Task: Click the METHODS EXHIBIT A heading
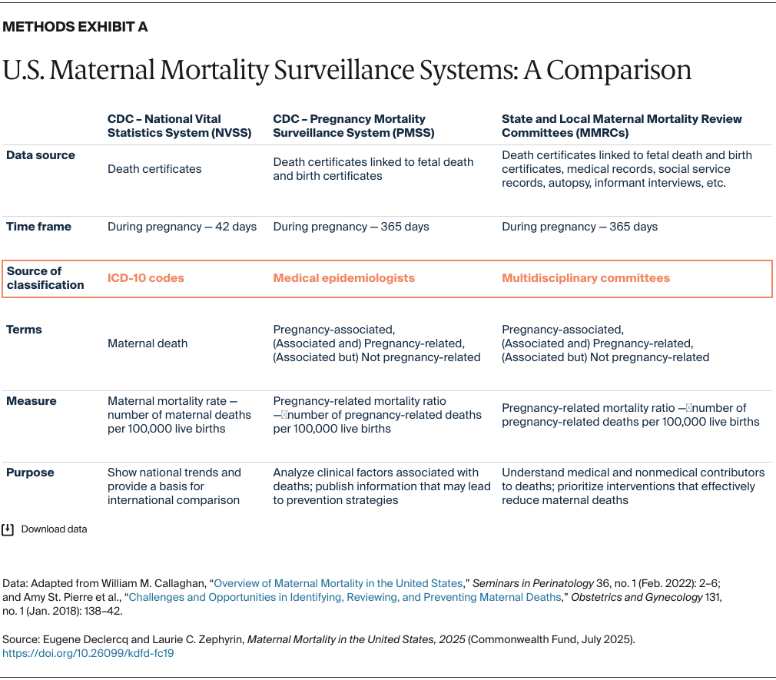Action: [x=75, y=27]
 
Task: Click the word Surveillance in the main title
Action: [x=353, y=70]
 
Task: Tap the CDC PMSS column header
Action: [x=350, y=125]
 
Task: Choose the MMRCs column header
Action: [x=622, y=125]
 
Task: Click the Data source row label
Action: [x=41, y=155]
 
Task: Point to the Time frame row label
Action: [x=38, y=227]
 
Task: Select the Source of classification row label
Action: [x=45, y=277]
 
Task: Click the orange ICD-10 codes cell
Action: [x=146, y=278]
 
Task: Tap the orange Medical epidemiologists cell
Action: [x=343, y=278]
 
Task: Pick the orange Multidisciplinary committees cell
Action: [x=585, y=278]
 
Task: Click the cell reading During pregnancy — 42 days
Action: [x=182, y=227]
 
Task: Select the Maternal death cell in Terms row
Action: [x=148, y=343]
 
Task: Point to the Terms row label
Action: [x=24, y=330]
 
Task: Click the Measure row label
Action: [x=31, y=401]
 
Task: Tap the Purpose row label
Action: [x=31, y=473]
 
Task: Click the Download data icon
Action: [x=8, y=529]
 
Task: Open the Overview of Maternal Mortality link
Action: [x=338, y=583]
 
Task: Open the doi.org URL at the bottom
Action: [x=88, y=653]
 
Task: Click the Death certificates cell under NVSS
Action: [x=154, y=169]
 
